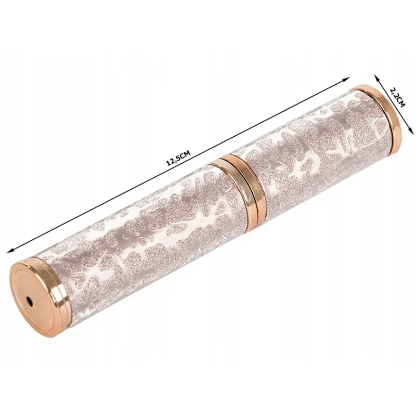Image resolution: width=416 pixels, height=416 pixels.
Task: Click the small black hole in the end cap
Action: click(30, 301)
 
